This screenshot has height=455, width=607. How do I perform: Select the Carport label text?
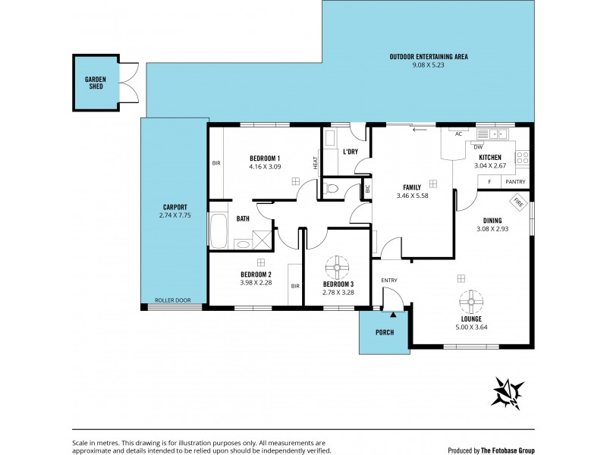175,207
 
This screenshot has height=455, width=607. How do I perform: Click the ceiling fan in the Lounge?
471,303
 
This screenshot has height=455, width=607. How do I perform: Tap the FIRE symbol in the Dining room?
519,202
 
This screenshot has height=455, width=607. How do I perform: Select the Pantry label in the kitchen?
515,181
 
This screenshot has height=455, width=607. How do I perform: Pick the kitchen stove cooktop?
522,158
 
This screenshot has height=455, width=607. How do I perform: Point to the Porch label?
385,332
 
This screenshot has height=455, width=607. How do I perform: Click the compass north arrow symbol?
508,393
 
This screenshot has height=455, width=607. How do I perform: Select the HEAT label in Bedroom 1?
314,163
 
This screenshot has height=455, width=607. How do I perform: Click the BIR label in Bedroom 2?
294,286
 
